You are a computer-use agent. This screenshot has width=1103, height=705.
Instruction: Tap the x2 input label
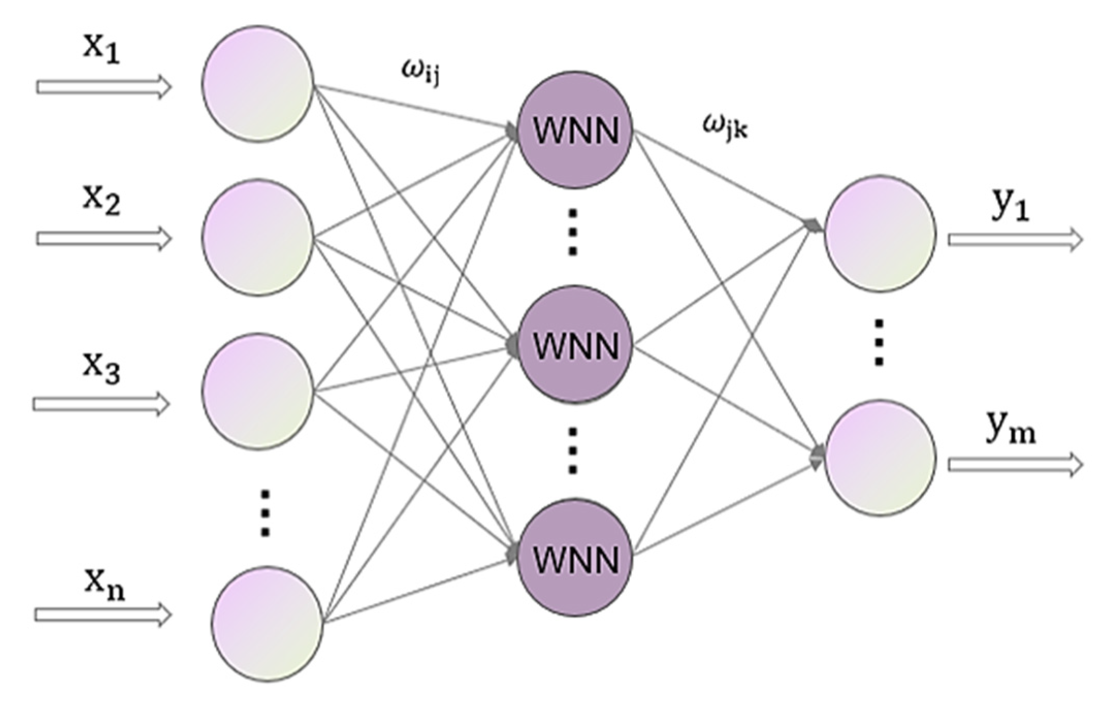point(102,201)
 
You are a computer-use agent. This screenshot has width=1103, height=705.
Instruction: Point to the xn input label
point(105,586)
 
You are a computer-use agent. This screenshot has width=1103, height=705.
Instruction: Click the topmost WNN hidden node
point(575,129)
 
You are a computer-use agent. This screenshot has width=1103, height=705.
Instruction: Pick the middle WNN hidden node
point(575,344)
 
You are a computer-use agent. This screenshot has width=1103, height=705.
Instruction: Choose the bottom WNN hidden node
point(575,558)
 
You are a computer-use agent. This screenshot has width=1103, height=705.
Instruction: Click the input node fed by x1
point(257,84)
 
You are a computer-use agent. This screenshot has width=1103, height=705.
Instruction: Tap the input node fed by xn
point(267,624)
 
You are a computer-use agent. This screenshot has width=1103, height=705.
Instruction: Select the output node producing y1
point(880,233)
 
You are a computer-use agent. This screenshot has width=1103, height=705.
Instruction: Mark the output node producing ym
point(880,458)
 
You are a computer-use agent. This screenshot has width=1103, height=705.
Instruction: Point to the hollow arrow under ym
point(1015,465)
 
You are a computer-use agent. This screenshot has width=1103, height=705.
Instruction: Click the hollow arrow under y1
point(1015,239)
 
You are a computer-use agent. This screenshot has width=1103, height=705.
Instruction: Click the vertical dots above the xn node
point(265,513)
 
